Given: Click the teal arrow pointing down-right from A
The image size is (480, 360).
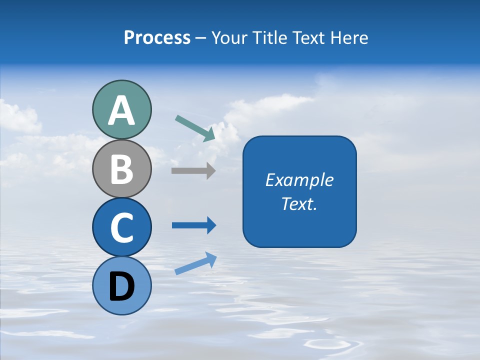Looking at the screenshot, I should tap(195, 128).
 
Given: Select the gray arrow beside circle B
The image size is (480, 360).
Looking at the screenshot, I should tap(193, 170).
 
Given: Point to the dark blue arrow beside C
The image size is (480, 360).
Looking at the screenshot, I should tap(194, 225).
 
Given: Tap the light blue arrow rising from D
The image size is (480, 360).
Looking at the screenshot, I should tap(195, 263).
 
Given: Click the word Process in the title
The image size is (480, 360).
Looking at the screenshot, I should tap(157, 37).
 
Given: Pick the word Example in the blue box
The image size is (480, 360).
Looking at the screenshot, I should tap(299, 180).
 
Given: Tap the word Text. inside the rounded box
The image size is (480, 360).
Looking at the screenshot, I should tap(299, 203).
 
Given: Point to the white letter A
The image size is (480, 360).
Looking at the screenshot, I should tap(121, 110).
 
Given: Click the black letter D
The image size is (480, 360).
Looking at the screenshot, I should tap(121, 286).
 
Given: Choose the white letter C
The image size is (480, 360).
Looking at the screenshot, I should tap(121, 228).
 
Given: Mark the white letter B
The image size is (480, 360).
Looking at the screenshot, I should tap(121, 169).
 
